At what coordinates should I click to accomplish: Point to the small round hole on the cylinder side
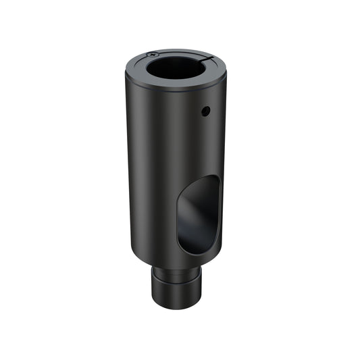(207, 110)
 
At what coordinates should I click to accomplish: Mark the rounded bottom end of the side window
(197, 252)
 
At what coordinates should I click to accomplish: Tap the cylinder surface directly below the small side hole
(207, 135)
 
